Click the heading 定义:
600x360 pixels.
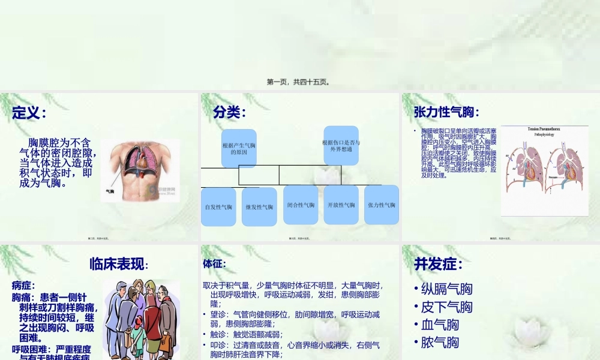click(29, 112)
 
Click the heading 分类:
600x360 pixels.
click(229, 112)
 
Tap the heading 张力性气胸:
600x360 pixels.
click(446, 112)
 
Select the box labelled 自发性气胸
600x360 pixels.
click(218, 207)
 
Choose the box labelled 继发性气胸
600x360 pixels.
click(259, 207)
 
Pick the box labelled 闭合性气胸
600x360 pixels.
click(300, 205)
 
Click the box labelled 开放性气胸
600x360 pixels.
click(341, 205)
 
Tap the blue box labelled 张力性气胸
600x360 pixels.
click(382, 205)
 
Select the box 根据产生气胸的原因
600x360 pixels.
click(239, 149)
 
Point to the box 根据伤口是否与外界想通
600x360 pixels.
click(341, 145)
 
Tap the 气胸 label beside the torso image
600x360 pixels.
click(110, 191)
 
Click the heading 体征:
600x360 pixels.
click(214, 263)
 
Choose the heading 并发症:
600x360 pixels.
click(438, 265)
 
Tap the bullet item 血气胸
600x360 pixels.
click(440, 325)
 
